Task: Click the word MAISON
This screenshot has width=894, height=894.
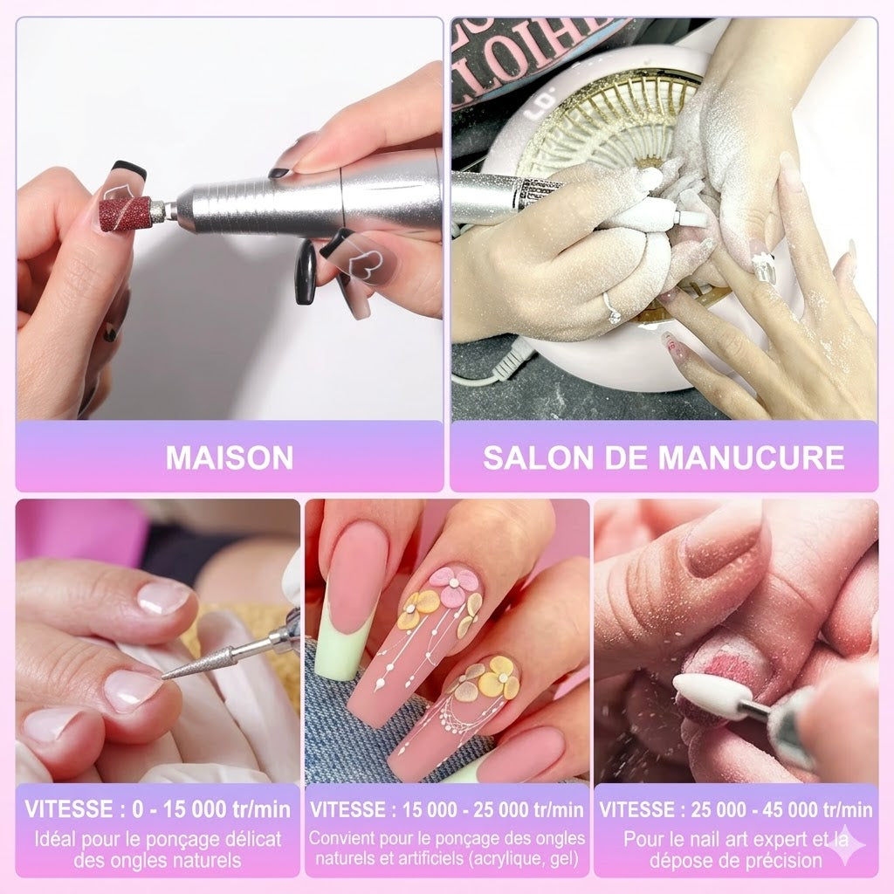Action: (x=229, y=457)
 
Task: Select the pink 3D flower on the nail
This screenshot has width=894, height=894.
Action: (x=456, y=586)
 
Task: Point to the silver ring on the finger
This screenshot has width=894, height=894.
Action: (x=613, y=306)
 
